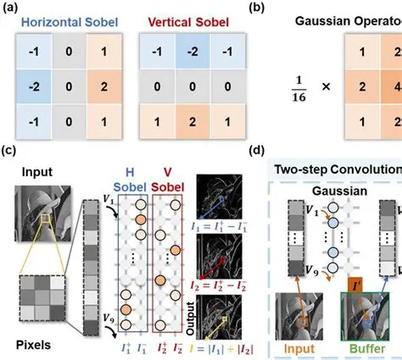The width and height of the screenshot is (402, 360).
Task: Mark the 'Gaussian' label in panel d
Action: click(x=323, y=191)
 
